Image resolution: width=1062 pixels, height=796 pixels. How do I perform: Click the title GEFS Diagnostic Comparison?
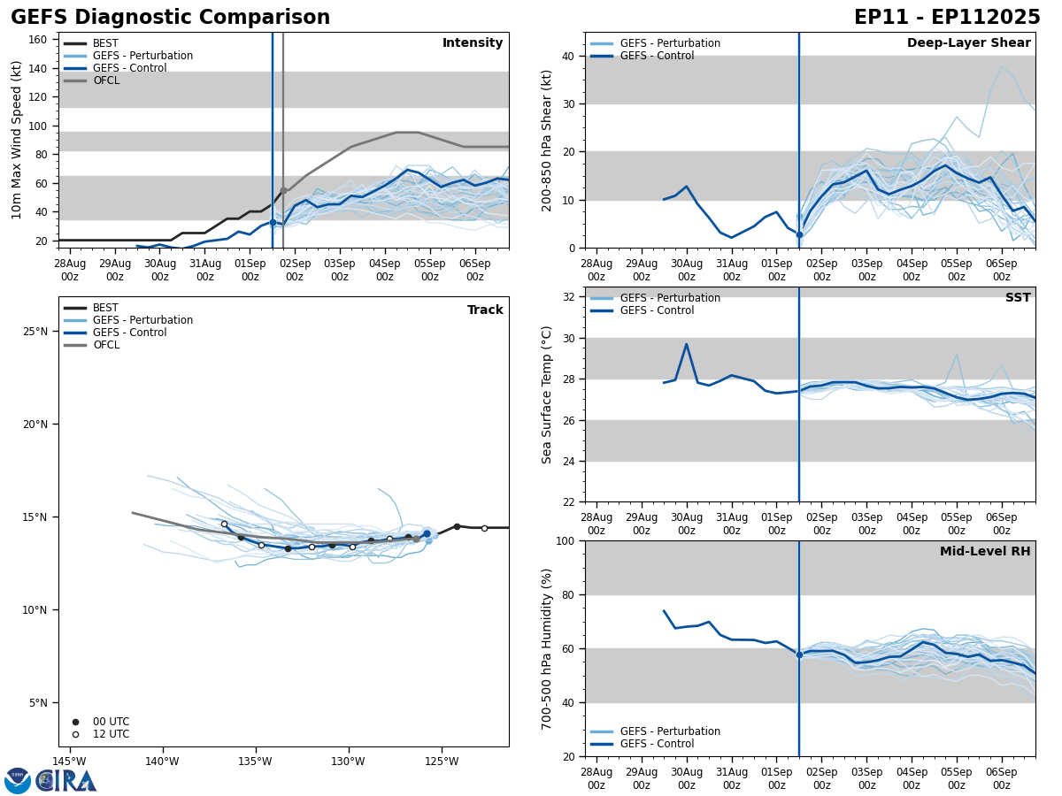point(170,18)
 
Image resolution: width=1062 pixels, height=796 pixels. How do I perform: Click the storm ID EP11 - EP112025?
point(947,18)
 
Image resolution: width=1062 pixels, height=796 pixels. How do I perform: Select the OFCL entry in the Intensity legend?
point(106,80)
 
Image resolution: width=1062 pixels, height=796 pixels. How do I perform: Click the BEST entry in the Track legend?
point(105,308)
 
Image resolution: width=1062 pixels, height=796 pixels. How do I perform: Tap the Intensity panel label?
point(473,43)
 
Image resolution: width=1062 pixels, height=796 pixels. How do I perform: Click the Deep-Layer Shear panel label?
point(968,43)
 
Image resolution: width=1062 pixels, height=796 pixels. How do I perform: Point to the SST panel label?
point(1018,298)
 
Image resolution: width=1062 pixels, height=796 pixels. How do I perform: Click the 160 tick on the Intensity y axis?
point(38,40)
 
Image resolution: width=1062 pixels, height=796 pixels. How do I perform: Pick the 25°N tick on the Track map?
point(35,332)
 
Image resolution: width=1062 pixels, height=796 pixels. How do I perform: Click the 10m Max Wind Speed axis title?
point(17,140)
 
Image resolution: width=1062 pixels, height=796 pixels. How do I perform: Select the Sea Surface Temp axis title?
point(547,394)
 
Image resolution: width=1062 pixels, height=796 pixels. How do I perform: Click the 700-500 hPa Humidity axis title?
point(547,648)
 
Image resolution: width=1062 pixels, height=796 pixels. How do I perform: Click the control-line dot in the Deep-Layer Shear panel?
point(799,234)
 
